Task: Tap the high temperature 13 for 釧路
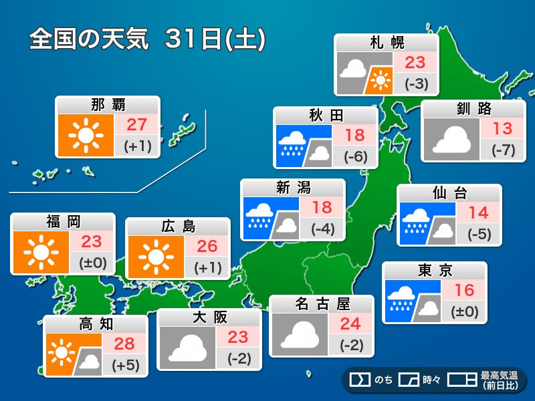pyautogui.click(x=502, y=128)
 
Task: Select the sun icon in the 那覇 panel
pyautogui.click(x=85, y=136)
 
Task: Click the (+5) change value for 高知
pyautogui.click(x=125, y=365)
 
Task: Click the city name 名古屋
pyautogui.click(x=322, y=305)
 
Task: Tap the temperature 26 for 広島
pyautogui.click(x=207, y=246)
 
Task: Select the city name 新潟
pyautogui.click(x=293, y=188)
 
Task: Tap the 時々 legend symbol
pyautogui.click(x=408, y=380)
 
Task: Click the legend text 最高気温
pyautogui.click(x=499, y=375)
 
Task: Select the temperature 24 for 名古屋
pyautogui.click(x=350, y=324)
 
